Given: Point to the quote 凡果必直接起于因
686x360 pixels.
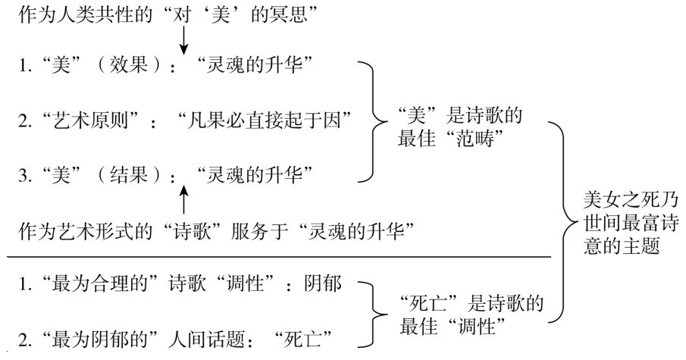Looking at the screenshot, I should point(265,120).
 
